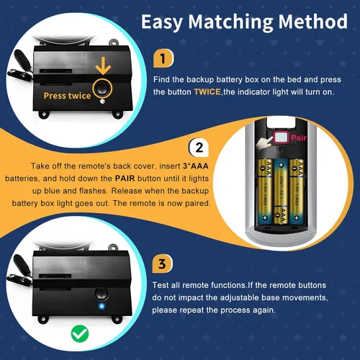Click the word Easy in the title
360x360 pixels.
tap(162, 23)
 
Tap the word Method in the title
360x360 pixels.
tap(313, 22)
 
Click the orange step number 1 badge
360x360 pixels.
tap(163, 58)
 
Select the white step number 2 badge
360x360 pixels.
tap(199, 148)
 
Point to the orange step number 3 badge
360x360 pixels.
tap(163, 264)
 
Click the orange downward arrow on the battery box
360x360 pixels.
tap(103, 66)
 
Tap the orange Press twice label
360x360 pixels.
tap(67, 96)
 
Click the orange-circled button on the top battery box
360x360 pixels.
tap(102, 89)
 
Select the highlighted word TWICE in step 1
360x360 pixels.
tap(207, 92)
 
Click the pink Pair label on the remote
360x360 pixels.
tap(298, 138)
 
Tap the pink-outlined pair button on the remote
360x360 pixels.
tap(281, 138)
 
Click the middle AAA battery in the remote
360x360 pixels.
tap(281, 192)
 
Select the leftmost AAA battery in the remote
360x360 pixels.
tap(265, 191)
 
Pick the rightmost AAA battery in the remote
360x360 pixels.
tap(297, 191)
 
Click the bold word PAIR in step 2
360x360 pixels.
tap(125, 179)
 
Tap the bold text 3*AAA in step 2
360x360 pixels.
tap(195, 166)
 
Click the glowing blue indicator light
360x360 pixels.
tap(102, 306)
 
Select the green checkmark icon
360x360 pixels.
tap(80, 333)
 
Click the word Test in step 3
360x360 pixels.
tap(161, 285)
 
